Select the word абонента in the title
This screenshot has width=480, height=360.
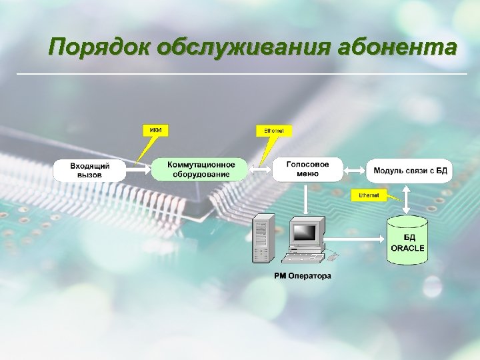point(397,48)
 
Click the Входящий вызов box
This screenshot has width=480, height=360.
point(89,169)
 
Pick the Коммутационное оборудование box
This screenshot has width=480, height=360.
point(199,169)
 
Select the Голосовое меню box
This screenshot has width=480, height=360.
point(307,169)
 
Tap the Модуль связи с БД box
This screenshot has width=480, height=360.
point(409,170)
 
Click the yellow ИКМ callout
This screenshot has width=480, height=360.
point(155,129)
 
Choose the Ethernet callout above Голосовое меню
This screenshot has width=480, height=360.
point(273,131)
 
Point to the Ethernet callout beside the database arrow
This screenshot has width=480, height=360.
point(369,195)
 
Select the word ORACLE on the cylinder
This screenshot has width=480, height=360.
point(407,248)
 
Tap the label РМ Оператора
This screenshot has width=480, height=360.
point(302,275)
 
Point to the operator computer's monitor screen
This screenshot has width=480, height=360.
point(305,232)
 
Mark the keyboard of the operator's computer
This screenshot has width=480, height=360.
point(301,255)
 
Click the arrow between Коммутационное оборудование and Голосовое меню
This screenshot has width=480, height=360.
point(259,169)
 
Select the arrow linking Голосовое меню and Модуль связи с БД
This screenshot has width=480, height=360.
point(354,169)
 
